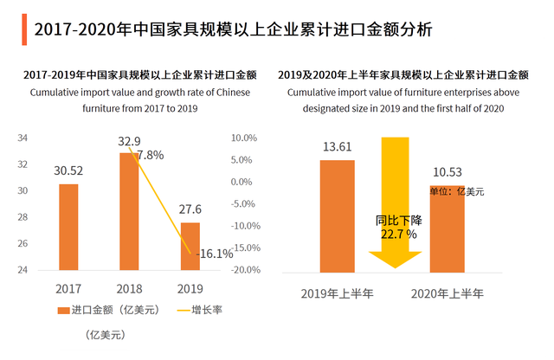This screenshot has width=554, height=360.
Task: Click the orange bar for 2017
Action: [x=68, y=227]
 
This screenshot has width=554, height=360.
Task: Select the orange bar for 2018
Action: [x=128, y=211]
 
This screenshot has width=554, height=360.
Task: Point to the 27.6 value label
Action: [x=190, y=211]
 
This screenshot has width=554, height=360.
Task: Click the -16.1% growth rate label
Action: [x=216, y=254]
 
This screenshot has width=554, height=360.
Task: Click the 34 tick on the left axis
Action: [x=23, y=138]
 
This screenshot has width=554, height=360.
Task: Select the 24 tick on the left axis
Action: [x=23, y=270]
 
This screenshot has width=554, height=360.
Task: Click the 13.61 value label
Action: [x=337, y=147]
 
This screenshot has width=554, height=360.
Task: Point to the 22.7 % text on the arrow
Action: [x=398, y=234]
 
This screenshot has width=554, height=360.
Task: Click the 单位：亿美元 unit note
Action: [x=457, y=191]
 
